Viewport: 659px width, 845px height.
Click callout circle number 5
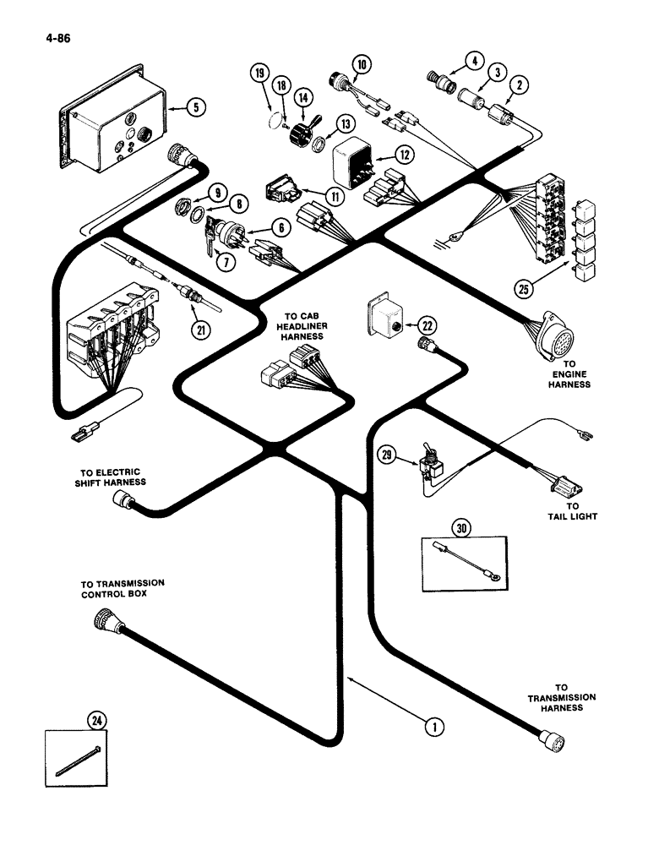[x=197, y=107]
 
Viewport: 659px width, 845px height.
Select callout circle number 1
[x=433, y=726]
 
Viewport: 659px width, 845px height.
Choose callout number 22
[x=428, y=324]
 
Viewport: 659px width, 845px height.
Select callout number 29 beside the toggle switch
[x=385, y=457]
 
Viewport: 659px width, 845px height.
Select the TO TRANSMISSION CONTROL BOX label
[x=123, y=588]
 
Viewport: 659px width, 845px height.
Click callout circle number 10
[x=362, y=64]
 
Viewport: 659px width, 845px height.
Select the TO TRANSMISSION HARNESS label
[x=562, y=697]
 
